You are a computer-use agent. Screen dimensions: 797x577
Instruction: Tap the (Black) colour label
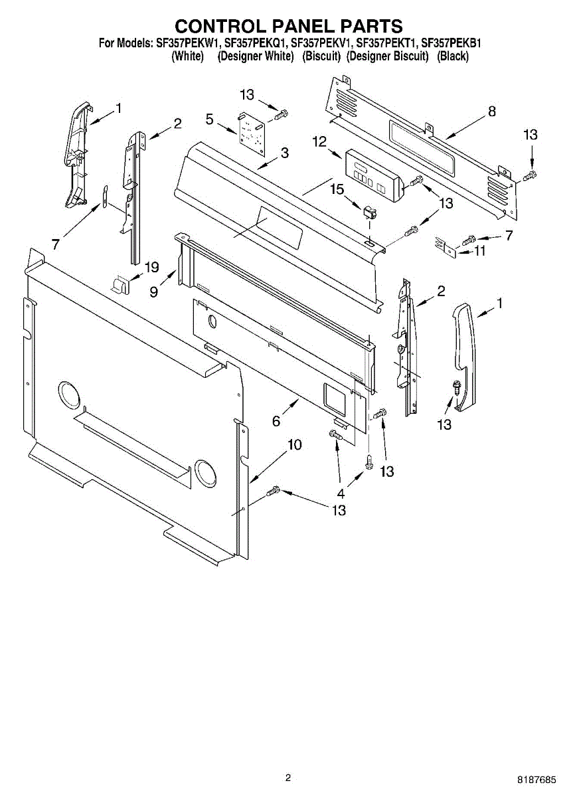coord(453,56)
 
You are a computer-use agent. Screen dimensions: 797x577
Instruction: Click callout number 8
coord(492,112)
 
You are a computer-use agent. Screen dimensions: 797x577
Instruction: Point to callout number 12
coord(320,141)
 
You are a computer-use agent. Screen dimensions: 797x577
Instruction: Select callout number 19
coord(152,268)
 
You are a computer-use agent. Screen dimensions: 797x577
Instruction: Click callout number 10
coord(294,445)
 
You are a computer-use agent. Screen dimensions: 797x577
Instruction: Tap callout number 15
coord(338,191)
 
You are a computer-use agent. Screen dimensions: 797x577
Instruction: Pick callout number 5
coord(210,120)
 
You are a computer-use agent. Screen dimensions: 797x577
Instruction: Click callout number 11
coord(480,251)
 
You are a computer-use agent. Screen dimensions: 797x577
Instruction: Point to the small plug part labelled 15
coord(370,213)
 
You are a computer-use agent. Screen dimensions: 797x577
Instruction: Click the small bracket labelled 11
coord(446,246)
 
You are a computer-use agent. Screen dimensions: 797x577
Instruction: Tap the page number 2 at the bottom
coord(288,778)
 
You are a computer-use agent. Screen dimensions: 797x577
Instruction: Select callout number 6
coord(276,420)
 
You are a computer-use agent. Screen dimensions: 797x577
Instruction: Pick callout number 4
coord(341,493)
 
